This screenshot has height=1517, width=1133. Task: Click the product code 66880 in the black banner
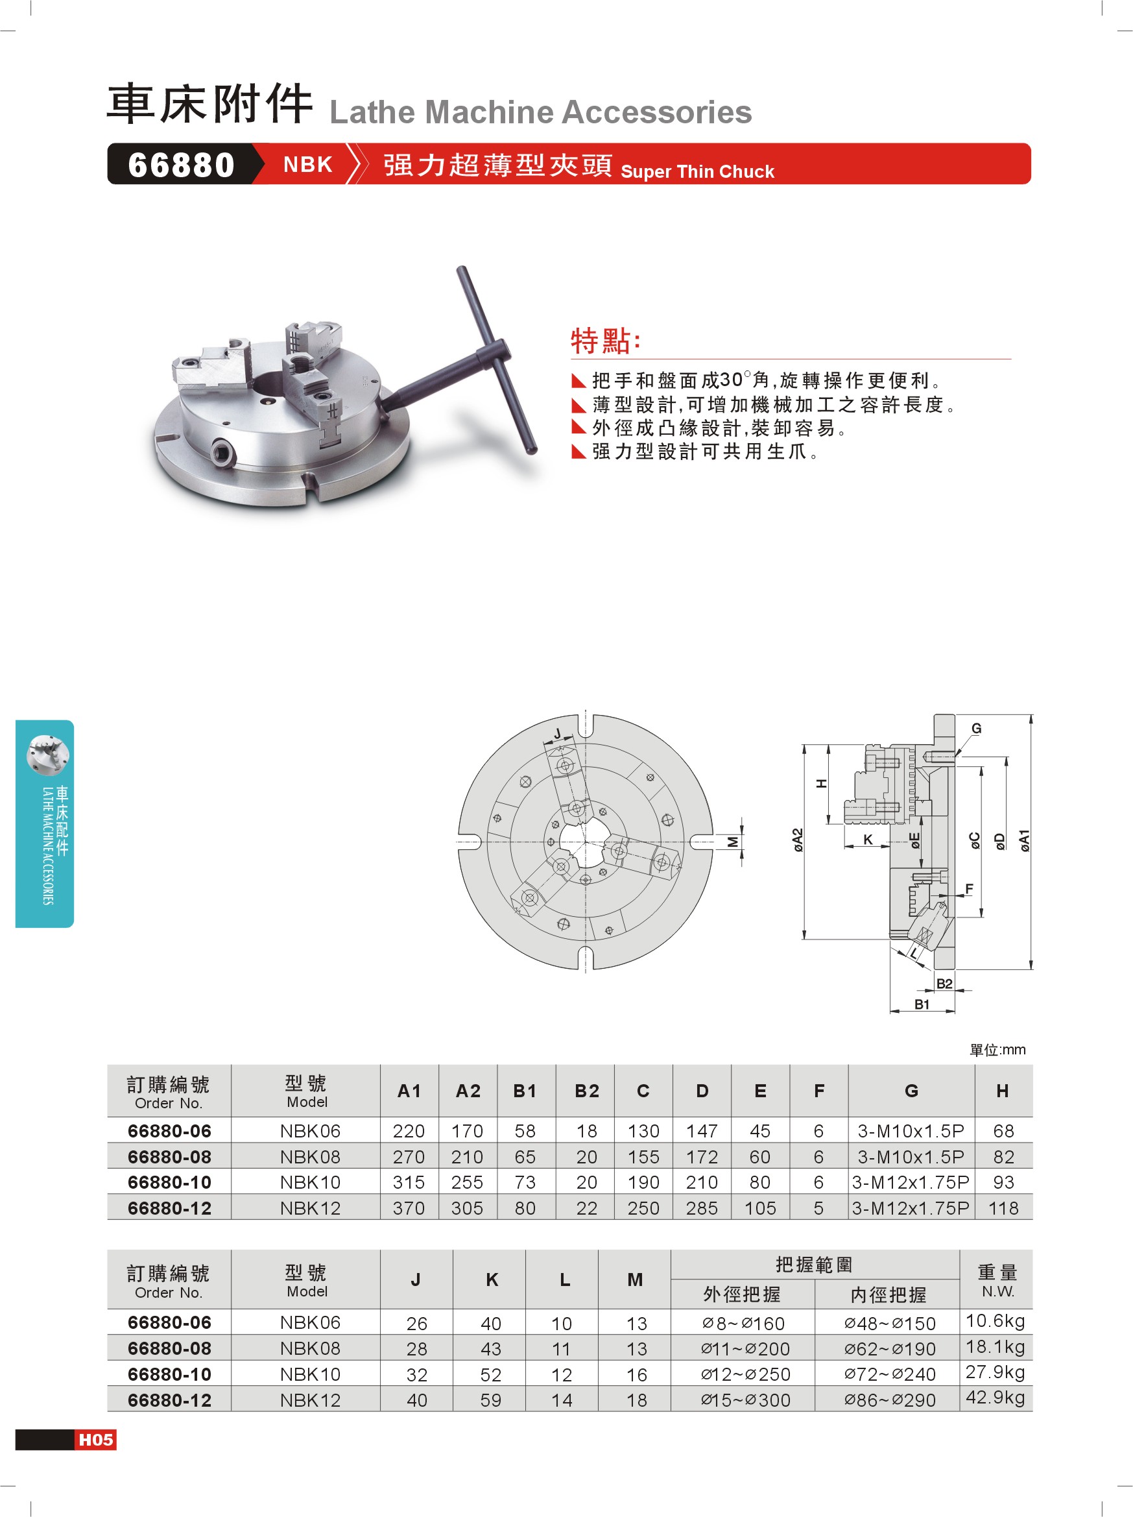point(181,165)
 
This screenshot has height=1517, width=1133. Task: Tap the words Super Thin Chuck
point(697,171)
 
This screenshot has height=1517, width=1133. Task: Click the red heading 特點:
point(605,341)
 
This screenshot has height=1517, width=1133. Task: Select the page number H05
point(95,1440)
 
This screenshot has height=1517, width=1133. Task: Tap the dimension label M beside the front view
point(733,842)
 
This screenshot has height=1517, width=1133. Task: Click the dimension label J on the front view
point(558,734)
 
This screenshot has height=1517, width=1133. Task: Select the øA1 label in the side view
point(1023,841)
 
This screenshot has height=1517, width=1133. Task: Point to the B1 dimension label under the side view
point(922,1004)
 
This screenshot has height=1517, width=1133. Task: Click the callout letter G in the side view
point(977,728)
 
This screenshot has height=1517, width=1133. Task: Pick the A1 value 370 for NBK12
point(409,1208)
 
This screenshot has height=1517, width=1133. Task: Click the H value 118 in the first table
point(1003,1208)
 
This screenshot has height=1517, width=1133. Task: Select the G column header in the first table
point(911,1091)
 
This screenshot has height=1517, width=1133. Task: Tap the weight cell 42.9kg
point(996,1398)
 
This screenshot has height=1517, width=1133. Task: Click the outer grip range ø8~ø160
point(743,1323)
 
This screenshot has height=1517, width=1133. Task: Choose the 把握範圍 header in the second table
point(814,1264)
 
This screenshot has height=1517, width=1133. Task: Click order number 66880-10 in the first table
point(169,1182)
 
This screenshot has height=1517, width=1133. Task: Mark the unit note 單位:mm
point(997,1050)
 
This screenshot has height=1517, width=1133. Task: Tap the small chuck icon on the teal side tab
point(47,755)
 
